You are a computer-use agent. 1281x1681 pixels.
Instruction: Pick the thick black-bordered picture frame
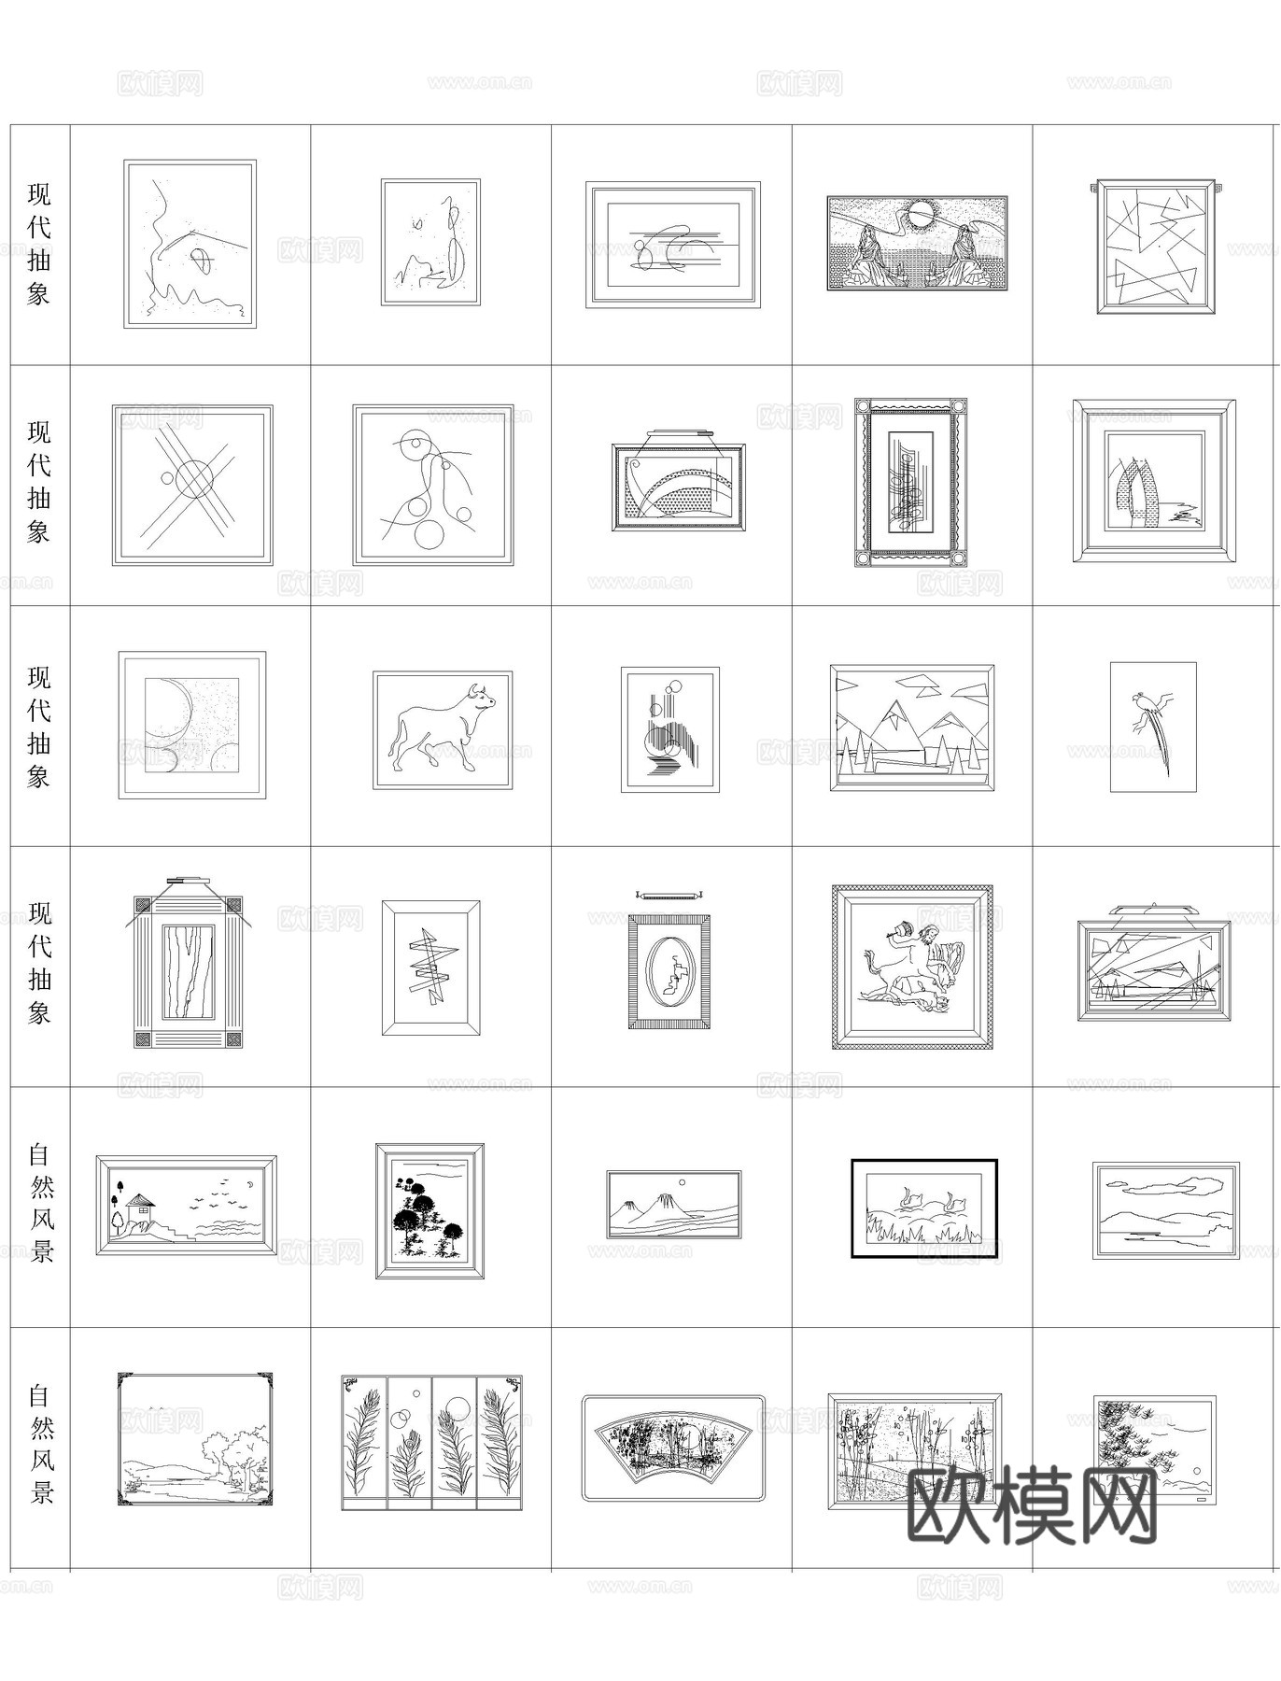pyautogui.click(x=923, y=1208)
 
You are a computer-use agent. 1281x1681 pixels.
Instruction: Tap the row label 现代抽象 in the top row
pyautogui.click(x=39, y=245)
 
